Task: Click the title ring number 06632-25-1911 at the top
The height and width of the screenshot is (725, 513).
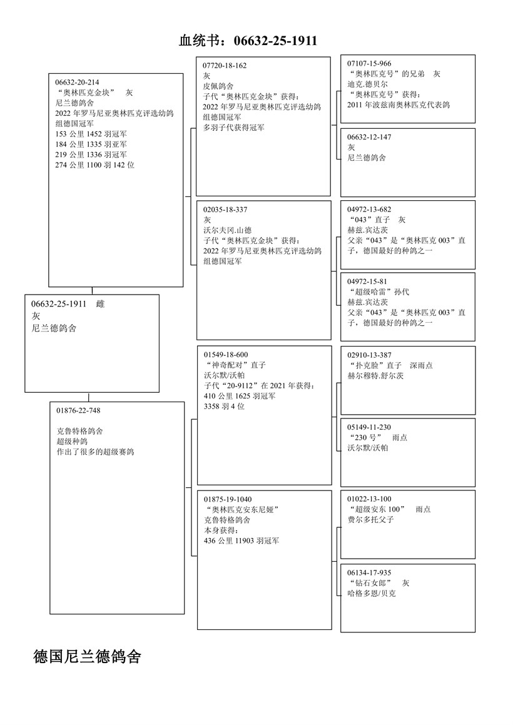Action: tap(275, 41)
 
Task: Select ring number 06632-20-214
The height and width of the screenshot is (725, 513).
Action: tap(77, 82)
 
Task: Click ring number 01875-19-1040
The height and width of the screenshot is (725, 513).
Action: tap(228, 499)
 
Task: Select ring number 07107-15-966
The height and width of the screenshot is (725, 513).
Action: tap(369, 64)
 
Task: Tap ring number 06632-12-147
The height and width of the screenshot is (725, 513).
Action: tap(369, 137)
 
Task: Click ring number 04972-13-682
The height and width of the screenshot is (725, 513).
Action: tap(369, 210)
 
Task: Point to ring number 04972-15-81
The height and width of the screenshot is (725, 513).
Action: tap(367, 281)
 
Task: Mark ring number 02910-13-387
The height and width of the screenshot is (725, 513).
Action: tap(369, 355)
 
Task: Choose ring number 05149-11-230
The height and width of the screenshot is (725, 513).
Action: tap(369, 427)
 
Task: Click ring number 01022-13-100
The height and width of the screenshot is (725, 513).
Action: tap(369, 499)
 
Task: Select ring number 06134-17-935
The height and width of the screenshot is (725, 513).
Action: tap(369, 572)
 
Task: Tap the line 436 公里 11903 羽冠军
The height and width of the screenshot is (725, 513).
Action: tap(241, 540)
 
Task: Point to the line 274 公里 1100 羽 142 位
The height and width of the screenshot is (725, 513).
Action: tap(95, 165)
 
